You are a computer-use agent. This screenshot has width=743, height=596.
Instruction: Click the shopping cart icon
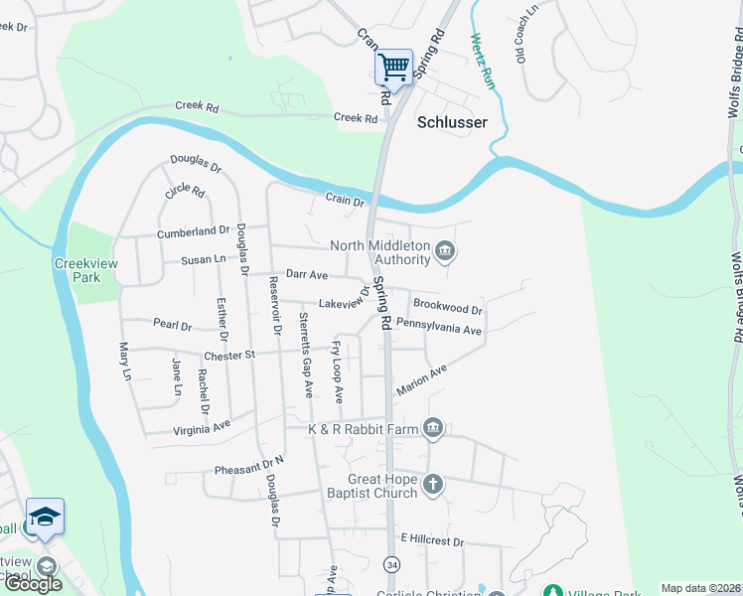pyautogui.click(x=393, y=68)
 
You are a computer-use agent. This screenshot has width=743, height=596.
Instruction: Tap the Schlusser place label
pyautogui.click(x=452, y=122)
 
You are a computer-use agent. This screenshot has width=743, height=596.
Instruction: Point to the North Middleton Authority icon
pyautogui.click(x=445, y=252)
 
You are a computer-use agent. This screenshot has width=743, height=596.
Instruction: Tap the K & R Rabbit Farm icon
pyautogui.click(x=433, y=429)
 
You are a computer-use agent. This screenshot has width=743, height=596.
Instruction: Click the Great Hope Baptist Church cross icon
pyautogui.click(x=432, y=484)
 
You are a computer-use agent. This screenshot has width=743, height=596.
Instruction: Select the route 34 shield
pyautogui.click(x=393, y=564)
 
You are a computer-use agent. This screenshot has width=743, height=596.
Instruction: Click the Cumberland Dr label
pyautogui.click(x=193, y=232)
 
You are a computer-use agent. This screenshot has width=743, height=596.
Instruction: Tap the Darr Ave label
pyautogui.click(x=306, y=273)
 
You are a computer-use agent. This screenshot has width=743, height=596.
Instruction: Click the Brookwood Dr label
pyautogui.click(x=447, y=307)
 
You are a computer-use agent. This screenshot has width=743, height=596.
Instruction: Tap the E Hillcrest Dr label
pyautogui.click(x=432, y=541)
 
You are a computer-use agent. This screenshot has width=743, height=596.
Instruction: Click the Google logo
pyautogui.click(x=33, y=584)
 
